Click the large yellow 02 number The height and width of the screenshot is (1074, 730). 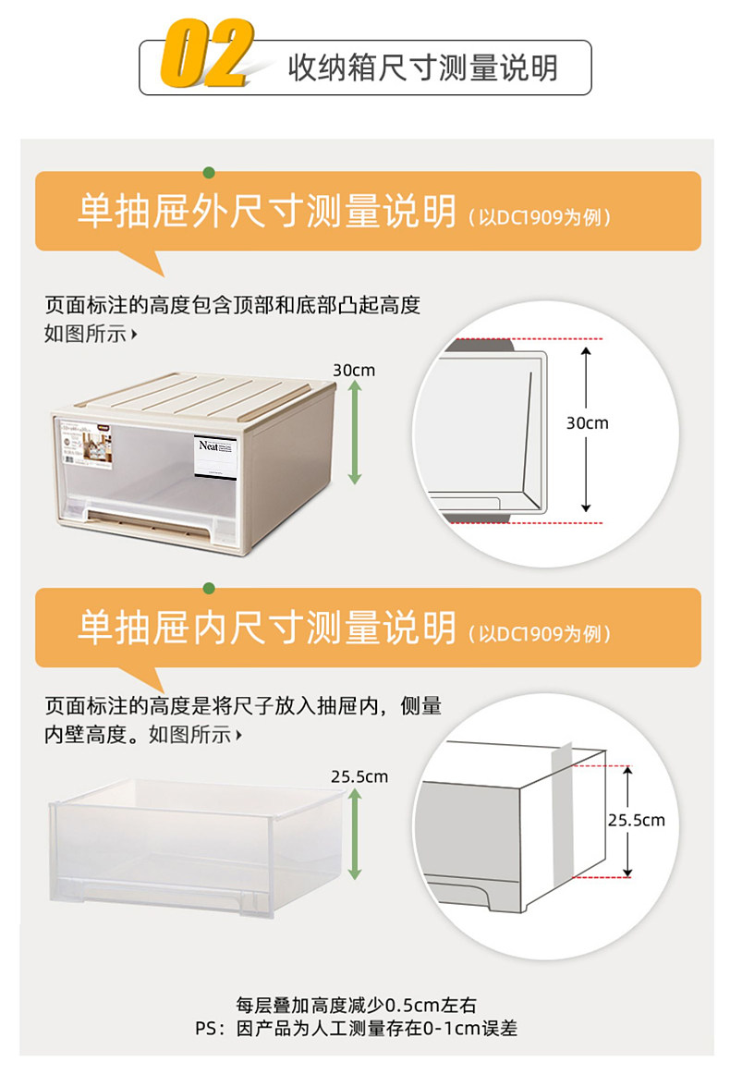coord(207,54)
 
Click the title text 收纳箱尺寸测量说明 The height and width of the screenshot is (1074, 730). coord(422,67)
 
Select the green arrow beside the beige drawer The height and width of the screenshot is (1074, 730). coord(354,433)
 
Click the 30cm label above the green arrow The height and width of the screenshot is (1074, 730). coord(354,370)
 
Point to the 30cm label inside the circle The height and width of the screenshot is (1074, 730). coord(588,423)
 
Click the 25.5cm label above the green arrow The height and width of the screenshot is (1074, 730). coord(359,776)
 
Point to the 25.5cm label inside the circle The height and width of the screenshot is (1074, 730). coord(636,820)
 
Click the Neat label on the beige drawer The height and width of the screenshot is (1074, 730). coord(216,455)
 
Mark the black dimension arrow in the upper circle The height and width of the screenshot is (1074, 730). coord(586,430)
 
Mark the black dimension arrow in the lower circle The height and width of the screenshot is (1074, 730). coord(627,821)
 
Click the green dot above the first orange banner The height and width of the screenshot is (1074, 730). coord(210,172)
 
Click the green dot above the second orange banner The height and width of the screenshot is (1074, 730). coord(210,588)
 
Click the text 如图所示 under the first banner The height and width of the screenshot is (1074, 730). coord(86,334)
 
